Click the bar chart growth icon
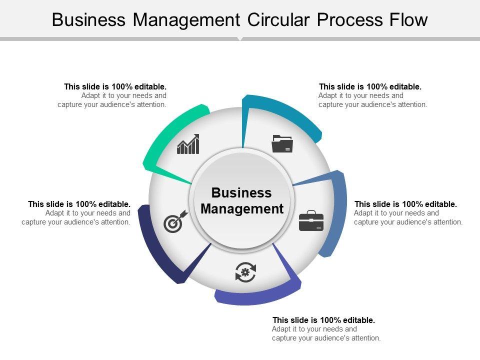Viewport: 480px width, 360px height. pyautogui.click(x=188, y=144)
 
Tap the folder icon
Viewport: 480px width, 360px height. pyautogui.click(x=282, y=143)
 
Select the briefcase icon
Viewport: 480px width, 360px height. pyautogui.click(x=311, y=221)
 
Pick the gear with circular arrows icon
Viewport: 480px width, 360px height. pyautogui.click(x=245, y=272)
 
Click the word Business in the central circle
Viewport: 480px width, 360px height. pyautogui.click(x=241, y=193)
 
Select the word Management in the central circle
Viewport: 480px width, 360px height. pyautogui.click(x=242, y=208)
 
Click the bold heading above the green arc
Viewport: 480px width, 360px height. pyautogui.click(x=115, y=86)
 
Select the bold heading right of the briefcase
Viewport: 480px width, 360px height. pyautogui.click(x=405, y=204)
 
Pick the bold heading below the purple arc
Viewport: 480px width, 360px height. pyautogui.click(x=323, y=320)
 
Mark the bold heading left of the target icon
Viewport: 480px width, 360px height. pyautogui.click(x=79, y=204)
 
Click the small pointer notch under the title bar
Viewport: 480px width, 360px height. pyautogui.click(x=240, y=38)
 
